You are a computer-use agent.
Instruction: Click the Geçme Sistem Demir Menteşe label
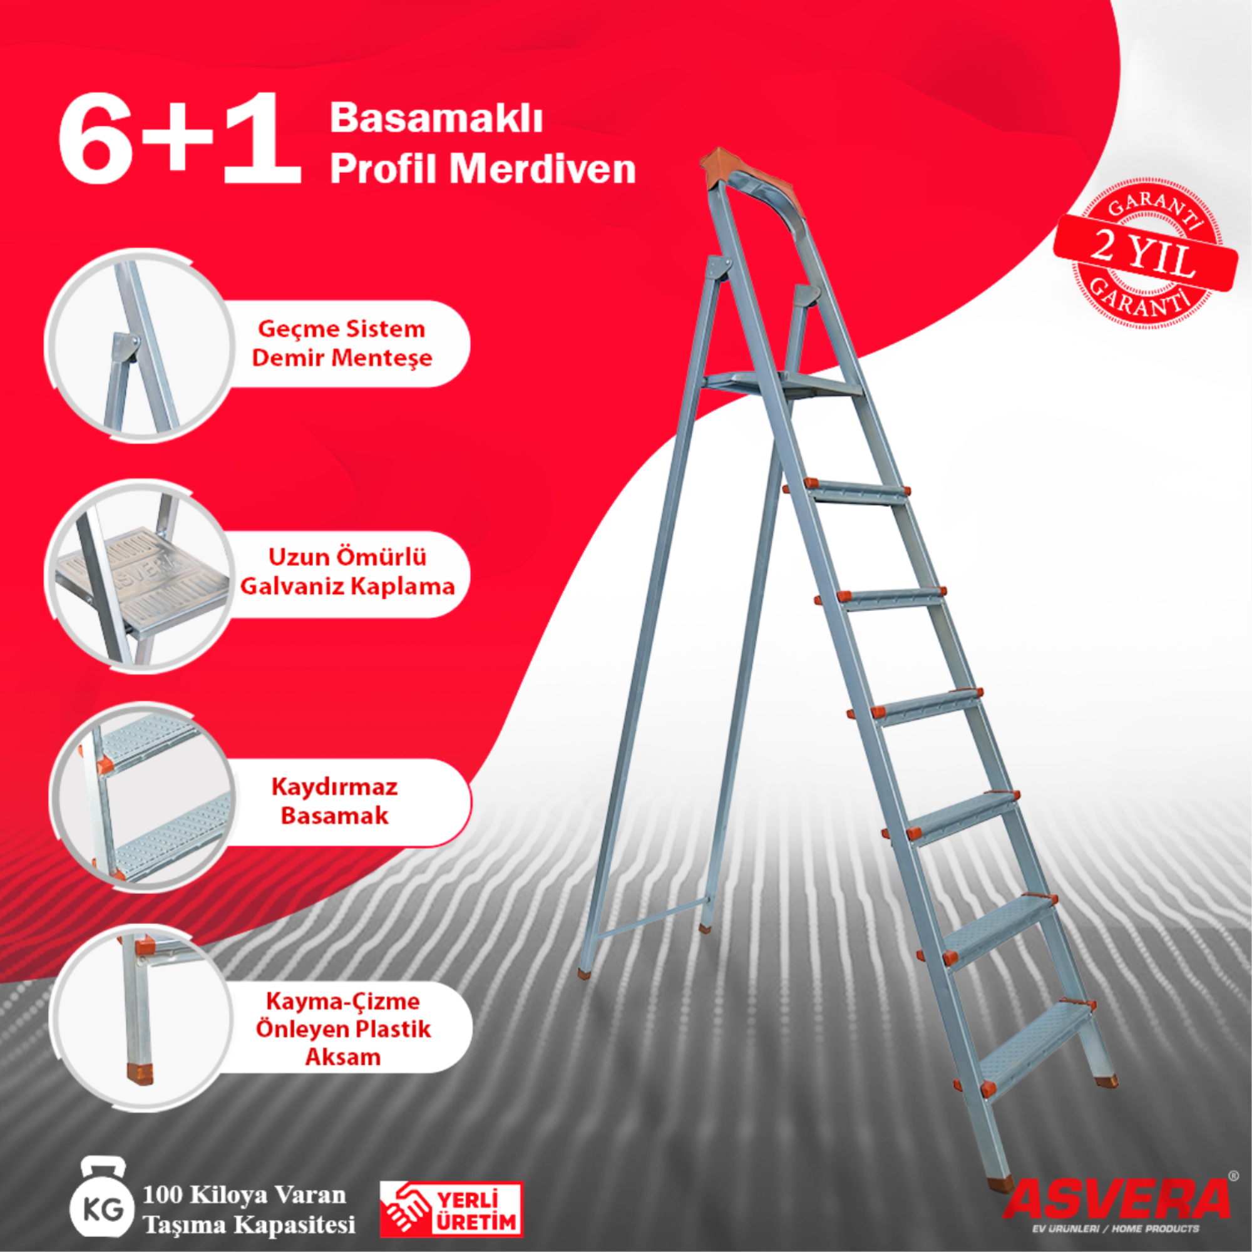tap(342, 344)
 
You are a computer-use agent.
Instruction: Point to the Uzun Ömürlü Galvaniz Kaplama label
tap(347, 572)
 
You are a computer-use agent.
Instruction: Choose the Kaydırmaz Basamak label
tap(334, 802)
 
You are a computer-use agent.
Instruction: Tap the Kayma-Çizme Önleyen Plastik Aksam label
tap(343, 1029)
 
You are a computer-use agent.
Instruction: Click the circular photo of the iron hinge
tap(140, 346)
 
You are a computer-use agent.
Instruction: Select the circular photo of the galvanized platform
tap(140, 576)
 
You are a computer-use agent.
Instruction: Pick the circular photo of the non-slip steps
tap(140, 798)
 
